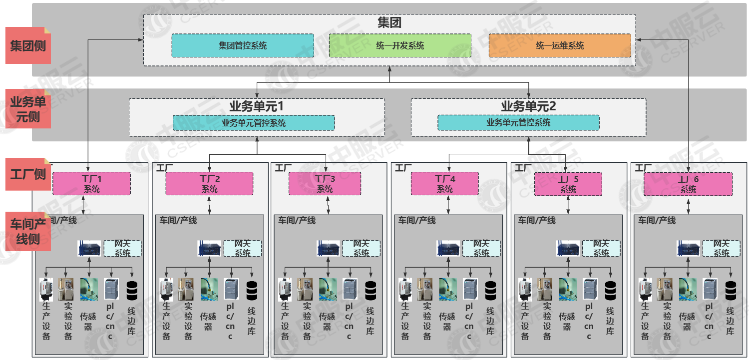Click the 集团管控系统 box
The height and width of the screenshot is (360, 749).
coord(243,45)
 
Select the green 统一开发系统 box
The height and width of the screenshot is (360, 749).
coord(400,45)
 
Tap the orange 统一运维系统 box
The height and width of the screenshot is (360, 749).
coord(560,45)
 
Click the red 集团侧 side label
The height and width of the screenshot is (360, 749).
coord(28,45)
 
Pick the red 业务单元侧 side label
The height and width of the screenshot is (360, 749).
coord(28,109)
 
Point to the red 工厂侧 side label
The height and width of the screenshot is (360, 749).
coord(28,174)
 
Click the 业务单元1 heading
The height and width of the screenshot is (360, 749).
coord(256,106)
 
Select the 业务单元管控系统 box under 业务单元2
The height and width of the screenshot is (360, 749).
coord(518,122)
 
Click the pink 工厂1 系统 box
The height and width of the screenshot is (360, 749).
coord(91,183)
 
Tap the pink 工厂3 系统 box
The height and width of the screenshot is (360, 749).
coord(325,183)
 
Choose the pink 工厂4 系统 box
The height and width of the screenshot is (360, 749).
coord(444,183)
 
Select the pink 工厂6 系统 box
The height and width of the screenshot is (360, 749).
coord(688,183)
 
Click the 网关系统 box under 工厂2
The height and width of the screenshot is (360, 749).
coord(242,248)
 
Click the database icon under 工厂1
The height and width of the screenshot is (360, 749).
coord(132,289)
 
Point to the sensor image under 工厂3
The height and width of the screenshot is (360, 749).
coord(328,289)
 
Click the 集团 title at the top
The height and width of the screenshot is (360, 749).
coord(389,22)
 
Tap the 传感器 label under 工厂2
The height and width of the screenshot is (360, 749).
coord(209,316)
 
